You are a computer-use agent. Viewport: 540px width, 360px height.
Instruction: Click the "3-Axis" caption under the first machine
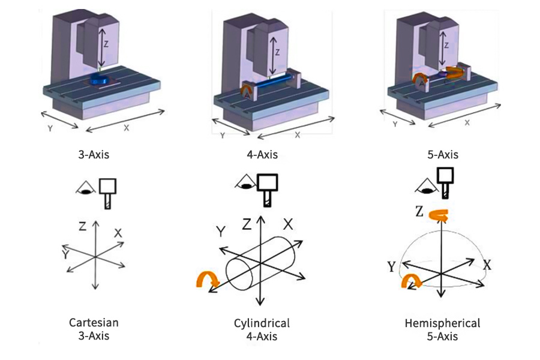click(x=94, y=155)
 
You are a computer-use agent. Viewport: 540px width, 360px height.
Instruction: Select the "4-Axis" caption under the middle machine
click(x=262, y=155)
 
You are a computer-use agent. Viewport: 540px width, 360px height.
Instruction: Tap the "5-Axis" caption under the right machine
click(x=442, y=155)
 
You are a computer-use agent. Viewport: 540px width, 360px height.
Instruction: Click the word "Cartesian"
click(x=94, y=323)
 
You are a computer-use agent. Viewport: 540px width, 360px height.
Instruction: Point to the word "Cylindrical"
click(x=262, y=323)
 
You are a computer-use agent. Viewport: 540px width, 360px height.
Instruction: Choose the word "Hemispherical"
click(x=443, y=323)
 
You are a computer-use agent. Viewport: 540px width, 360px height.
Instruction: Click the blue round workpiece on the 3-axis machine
click(x=98, y=79)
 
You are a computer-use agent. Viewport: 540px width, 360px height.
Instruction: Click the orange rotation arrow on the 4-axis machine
click(x=246, y=91)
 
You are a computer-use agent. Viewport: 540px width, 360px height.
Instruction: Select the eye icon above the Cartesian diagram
click(x=85, y=188)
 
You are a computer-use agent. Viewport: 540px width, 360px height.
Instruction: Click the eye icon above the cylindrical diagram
click(x=245, y=182)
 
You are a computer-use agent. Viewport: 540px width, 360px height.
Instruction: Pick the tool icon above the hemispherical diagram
click(x=444, y=181)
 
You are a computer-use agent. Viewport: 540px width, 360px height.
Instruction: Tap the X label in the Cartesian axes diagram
click(x=118, y=233)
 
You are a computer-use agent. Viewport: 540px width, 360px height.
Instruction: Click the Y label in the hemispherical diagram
click(x=391, y=266)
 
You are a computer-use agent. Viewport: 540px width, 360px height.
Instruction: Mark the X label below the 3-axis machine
click(x=126, y=128)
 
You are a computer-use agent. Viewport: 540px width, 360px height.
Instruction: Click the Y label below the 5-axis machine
click(x=395, y=124)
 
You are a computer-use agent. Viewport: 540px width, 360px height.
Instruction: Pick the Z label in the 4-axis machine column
click(x=277, y=52)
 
